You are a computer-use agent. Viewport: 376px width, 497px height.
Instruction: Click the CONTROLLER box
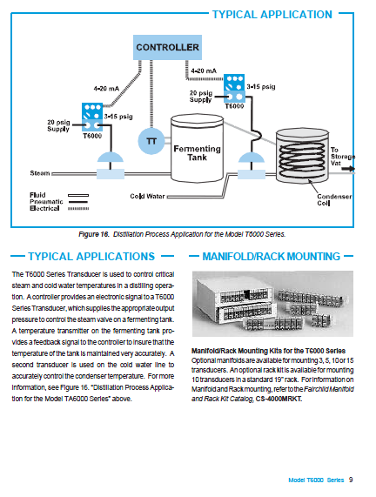pos(167,47)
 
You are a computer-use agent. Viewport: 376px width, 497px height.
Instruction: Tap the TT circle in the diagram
pos(151,141)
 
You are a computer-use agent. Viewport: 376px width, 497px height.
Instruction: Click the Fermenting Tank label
pos(197,153)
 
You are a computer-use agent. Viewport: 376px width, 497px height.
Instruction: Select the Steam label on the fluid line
pos(40,173)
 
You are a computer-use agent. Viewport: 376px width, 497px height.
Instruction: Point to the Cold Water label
pos(147,196)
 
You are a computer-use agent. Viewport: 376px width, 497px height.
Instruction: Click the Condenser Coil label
pos(334,199)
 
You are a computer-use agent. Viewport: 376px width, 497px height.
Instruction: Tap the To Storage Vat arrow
pos(348,169)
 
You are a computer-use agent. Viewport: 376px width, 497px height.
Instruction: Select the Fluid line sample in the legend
pos(78,195)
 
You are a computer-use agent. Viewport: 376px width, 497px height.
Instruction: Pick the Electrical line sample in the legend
pos(78,208)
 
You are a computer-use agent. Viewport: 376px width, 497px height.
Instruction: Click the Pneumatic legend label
pos(46,202)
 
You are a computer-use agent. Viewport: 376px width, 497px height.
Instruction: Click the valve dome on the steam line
pos(110,158)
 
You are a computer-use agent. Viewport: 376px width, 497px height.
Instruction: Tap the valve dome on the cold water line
pos(251,158)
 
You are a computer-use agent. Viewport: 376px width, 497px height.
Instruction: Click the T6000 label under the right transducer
pos(234,106)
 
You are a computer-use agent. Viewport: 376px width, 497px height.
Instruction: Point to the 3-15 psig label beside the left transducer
pos(118,117)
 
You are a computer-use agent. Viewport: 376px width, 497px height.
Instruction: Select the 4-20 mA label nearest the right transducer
pos(204,71)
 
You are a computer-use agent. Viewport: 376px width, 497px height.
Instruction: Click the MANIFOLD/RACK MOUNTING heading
pos(272,256)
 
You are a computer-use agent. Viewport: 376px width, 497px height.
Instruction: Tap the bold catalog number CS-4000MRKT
pos(279,399)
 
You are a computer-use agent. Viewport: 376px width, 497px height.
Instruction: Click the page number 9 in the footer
pos(351,480)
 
